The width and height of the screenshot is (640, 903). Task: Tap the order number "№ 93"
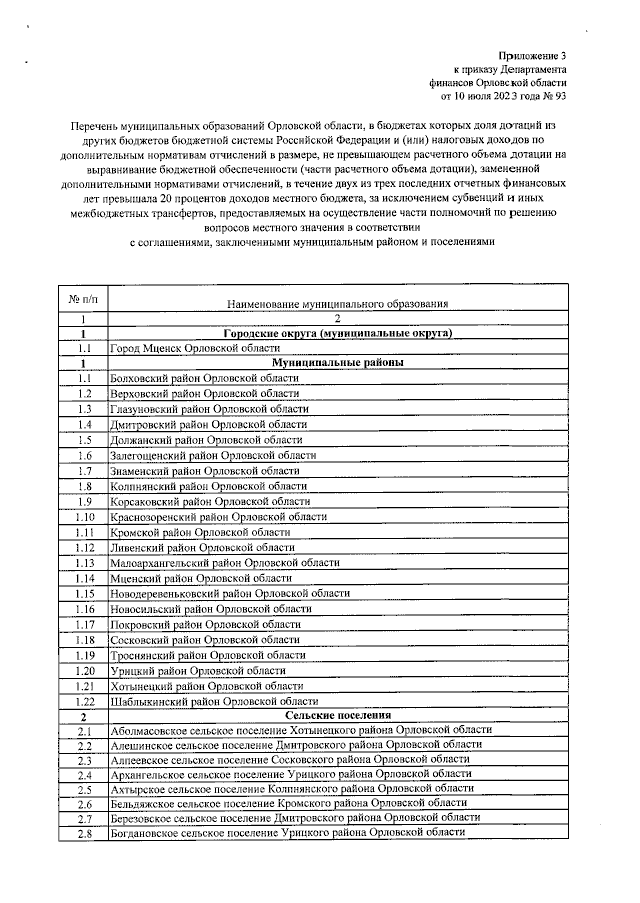click(x=553, y=98)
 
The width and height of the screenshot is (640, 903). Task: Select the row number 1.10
click(x=84, y=517)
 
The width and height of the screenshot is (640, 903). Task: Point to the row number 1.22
click(x=84, y=701)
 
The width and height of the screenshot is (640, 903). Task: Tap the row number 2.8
click(x=84, y=833)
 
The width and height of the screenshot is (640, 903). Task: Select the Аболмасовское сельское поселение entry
click(x=301, y=730)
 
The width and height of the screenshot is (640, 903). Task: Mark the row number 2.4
click(x=84, y=775)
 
